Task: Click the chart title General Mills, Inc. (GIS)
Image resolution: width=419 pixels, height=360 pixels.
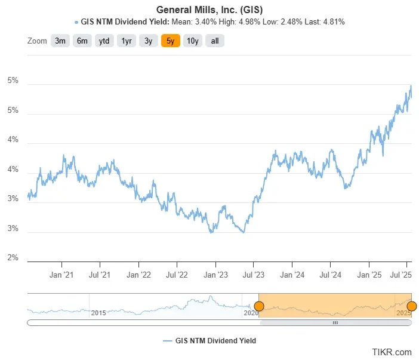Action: [x=209, y=10]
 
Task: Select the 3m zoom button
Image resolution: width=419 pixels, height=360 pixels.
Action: [x=60, y=41]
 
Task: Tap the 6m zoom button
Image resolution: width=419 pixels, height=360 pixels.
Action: [x=82, y=41]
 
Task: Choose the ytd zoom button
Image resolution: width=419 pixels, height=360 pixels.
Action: [x=104, y=41]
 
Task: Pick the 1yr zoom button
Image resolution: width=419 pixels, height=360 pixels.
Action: [x=127, y=41]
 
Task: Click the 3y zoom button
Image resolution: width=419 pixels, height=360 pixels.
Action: [x=148, y=41]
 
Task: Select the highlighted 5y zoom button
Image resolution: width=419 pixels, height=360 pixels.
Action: [x=170, y=41]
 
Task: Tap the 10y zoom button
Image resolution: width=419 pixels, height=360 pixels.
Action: [x=192, y=41]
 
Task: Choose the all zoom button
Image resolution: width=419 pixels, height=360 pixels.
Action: [x=215, y=41]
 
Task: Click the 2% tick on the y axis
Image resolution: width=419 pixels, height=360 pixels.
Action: [x=13, y=258]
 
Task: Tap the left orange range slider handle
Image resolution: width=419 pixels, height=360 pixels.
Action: [x=258, y=306]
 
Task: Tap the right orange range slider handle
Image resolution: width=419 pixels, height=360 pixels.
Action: [x=411, y=306]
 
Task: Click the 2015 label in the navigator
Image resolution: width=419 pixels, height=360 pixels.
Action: [x=98, y=313]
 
